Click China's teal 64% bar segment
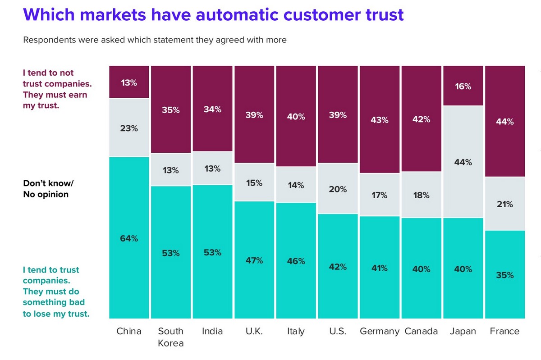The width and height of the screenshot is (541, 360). [129, 237]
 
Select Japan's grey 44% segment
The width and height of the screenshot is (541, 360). [463, 162]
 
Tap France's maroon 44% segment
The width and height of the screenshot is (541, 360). [504, 121]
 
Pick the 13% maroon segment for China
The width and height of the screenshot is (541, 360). [129, 82]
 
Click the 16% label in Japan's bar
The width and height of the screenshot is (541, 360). [463, 86]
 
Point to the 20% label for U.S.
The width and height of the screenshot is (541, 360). [338, 189]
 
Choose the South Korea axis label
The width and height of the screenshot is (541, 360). [171, 337]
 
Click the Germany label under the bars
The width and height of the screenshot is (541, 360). [379, 331]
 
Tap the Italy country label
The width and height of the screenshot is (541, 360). [296, 331]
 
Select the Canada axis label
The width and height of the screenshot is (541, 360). [421, 331]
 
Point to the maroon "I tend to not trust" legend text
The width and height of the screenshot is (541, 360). [55, 89]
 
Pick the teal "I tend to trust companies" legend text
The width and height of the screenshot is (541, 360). [56, 292]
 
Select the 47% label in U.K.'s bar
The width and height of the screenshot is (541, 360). [254, 260]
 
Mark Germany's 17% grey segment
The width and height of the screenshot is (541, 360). [379, 195]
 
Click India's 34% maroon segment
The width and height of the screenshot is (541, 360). [212, 109]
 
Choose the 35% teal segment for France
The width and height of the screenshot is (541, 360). [504, 274]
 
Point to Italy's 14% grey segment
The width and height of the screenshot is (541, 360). [296, 185]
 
